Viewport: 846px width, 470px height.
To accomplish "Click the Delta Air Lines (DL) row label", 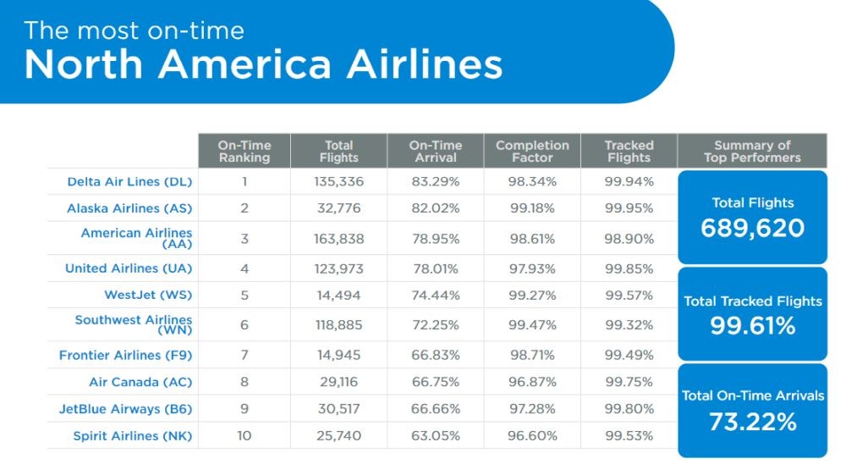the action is [x=129, y=181].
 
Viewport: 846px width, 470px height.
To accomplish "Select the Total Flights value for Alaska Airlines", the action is [x=339, y=208].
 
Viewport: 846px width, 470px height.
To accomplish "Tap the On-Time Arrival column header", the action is [x=436, y=152].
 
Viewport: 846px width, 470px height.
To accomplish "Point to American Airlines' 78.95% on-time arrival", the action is [x=436, y=239].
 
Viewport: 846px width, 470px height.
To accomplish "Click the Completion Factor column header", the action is [x=532, y=152].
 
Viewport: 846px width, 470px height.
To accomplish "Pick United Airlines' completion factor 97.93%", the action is [x=532, y=268].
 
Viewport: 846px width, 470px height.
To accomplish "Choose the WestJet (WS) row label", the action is [x=148, y=295].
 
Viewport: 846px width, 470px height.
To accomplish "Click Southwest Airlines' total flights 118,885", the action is [x=339, y=325].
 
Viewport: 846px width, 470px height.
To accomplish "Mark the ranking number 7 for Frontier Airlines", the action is [x=244, y=355].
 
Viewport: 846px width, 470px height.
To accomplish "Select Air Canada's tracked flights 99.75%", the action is [x=629, y=382].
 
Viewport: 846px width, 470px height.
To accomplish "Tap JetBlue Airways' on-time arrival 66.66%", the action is [x=436, y=409].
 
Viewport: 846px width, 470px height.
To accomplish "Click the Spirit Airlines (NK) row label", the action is [x=133, y=436].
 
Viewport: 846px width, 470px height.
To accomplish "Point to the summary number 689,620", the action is [x=753, y=228].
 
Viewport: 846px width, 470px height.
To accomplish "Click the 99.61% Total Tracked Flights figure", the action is [x=753, y=326].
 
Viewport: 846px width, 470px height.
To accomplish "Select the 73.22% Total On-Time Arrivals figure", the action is [x=753, y=422].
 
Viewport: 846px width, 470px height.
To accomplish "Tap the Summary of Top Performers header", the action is [x=753, y=152].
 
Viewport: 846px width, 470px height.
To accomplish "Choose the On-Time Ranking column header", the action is [x=244, y=152].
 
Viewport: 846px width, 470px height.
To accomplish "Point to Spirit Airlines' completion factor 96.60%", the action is [x=532, y=436].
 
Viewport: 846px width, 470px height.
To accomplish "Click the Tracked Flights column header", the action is [x=629, y=152].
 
